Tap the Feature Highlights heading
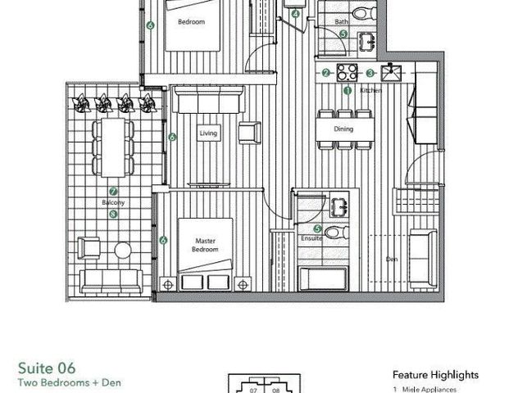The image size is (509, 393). point(435,374)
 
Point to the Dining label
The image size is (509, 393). point(343,129)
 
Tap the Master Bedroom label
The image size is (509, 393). point(204,245)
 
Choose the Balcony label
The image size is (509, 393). point(113,201)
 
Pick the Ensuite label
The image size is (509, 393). point(312,238)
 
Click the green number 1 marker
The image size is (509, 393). point(347,91)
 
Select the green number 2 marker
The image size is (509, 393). point(325,73)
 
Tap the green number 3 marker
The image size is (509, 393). point(370,73)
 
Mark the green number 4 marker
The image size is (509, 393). point(295,14)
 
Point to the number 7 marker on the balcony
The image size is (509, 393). point(113,192)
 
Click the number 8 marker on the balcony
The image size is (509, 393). point(113,214)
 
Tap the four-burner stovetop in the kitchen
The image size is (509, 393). point(348,71)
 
